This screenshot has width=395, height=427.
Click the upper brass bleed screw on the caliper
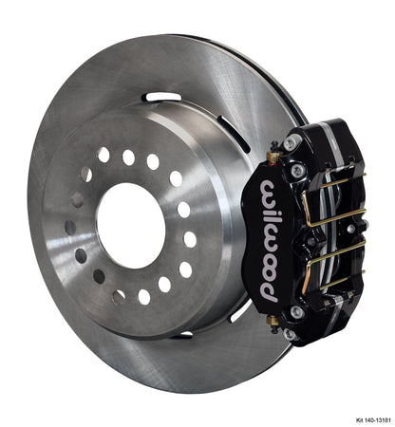click(x=273, y=155)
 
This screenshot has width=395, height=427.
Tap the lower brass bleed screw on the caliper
click(x=273, y=323)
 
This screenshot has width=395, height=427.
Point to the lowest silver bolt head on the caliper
click(x=291, y=333)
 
